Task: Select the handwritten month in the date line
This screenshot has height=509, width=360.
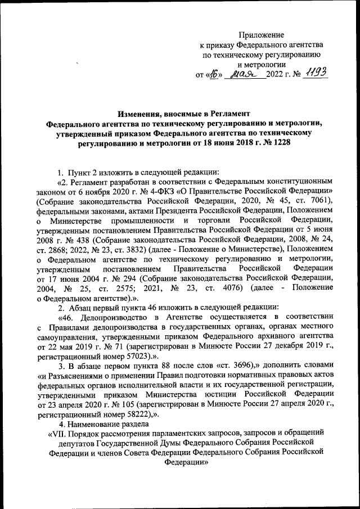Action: (242, 74)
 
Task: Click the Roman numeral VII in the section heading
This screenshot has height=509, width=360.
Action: (58, 435)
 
